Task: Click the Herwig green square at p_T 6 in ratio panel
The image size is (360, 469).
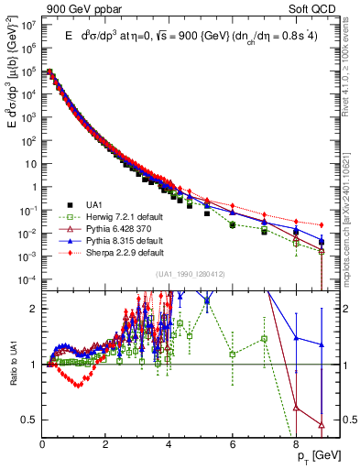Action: point(233,354)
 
